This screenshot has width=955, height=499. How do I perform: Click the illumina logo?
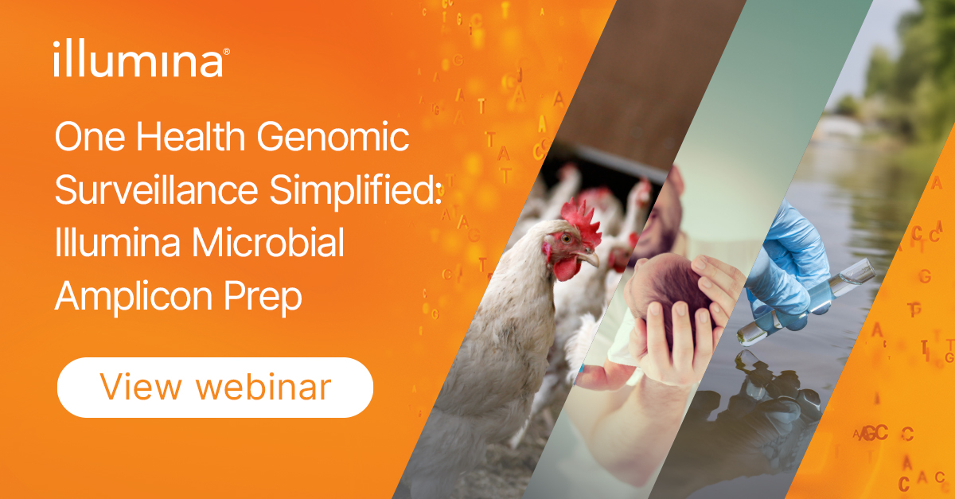(x=142, y=58)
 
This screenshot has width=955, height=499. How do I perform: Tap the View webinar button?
(x=216, y=388)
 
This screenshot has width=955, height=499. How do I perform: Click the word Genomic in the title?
(x=333, y=137)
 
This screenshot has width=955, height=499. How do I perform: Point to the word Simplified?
(x=355, y=190)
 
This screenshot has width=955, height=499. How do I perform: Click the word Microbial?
(x=267, y=242)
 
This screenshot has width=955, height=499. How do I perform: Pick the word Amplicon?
(x=134, y=298)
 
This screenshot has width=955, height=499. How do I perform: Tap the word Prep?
(x=263, y=298)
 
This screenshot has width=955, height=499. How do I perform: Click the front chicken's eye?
(x=567, y=238)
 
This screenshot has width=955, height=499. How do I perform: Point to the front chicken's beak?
(x=589, y=257)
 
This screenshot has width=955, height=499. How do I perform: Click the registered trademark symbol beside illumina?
(x=226, y=52)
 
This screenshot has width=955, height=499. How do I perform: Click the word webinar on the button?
(x=263, y=387)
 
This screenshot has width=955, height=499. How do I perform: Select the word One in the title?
(x=90, y=137)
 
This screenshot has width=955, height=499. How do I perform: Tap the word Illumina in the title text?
(x=117, y=242)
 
